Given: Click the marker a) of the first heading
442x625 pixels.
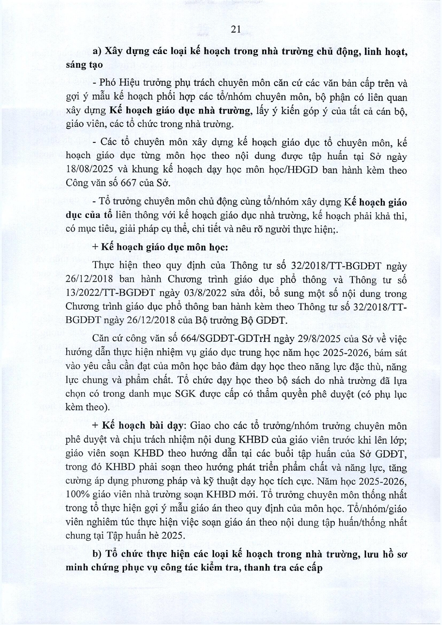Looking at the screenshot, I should (97, 52).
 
